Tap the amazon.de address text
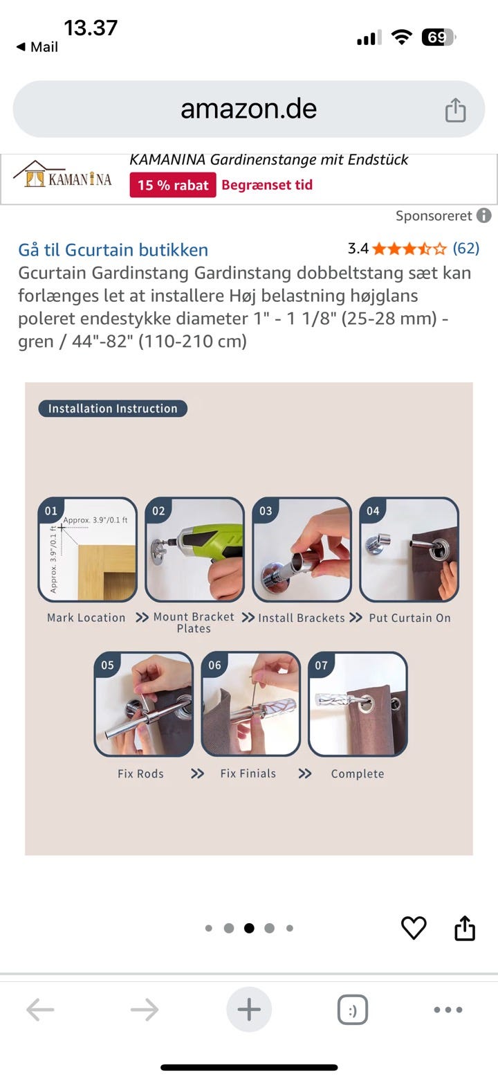[x=249, y=109]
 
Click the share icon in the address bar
[x=455, y=109]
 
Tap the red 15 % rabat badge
[x=173, y=186]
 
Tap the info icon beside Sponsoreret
[x=483, y=216]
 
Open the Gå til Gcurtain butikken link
[x=113, y=250]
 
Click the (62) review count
[x=465, y=248]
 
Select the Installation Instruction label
[x=113, y=409]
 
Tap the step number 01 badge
[x=50, y=510]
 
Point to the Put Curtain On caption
[x=409, y=618]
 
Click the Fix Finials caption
[x=248, y=773]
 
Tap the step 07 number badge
[x=321, y=665]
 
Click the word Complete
[x=358, y=774]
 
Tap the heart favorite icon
[x=414, y=927]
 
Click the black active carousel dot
[x=249, y=928]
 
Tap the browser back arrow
[x=40, y=1009]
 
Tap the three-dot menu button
[x=448, y=1010]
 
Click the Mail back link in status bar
[x=37, y=47]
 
